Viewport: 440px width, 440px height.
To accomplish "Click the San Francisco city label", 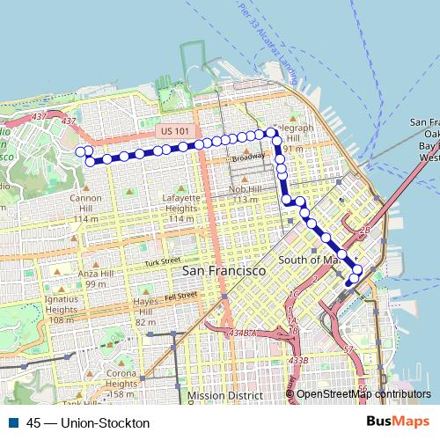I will tap(224, 272).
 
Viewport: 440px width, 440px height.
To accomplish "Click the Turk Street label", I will tap(162, 262).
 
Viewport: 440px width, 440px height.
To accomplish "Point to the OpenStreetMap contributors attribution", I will tap(363, 394).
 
